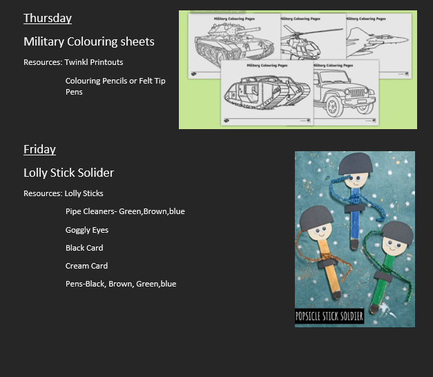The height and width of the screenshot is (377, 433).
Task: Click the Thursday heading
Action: pos(48,19)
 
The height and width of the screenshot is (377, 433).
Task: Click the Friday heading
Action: pos(39,149)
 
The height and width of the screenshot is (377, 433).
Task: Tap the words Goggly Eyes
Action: pos(87,230)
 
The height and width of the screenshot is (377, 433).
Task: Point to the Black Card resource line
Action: pos(84,248)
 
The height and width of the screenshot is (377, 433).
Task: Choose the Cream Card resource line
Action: pos(86,266)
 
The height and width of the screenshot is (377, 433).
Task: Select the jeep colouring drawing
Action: pos(345,93)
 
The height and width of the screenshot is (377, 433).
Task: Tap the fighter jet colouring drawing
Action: pos(377,41)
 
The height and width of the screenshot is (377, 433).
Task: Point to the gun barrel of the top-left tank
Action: pos(248,30)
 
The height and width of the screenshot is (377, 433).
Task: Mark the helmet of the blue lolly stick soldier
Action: pos(356,163)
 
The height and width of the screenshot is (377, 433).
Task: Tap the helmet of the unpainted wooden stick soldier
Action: pos(316,218)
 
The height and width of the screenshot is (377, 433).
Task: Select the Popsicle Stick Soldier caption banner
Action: pos(329,316)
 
